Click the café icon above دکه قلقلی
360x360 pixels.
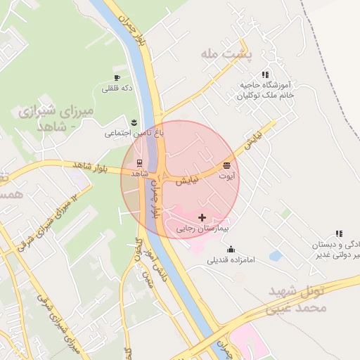click(x=117, y=77)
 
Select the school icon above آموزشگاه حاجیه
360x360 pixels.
click(x=265, y=74)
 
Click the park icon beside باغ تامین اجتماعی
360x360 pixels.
click(x=134, y=123)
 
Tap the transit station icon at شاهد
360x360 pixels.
click(x=138, y=163)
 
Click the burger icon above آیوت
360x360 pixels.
click(x=226, y=165)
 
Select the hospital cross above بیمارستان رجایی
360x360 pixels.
click(x=202, y=218)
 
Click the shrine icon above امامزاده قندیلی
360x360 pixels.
click(x=231, y=249)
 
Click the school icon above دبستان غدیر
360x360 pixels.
click(x=339, y=233)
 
